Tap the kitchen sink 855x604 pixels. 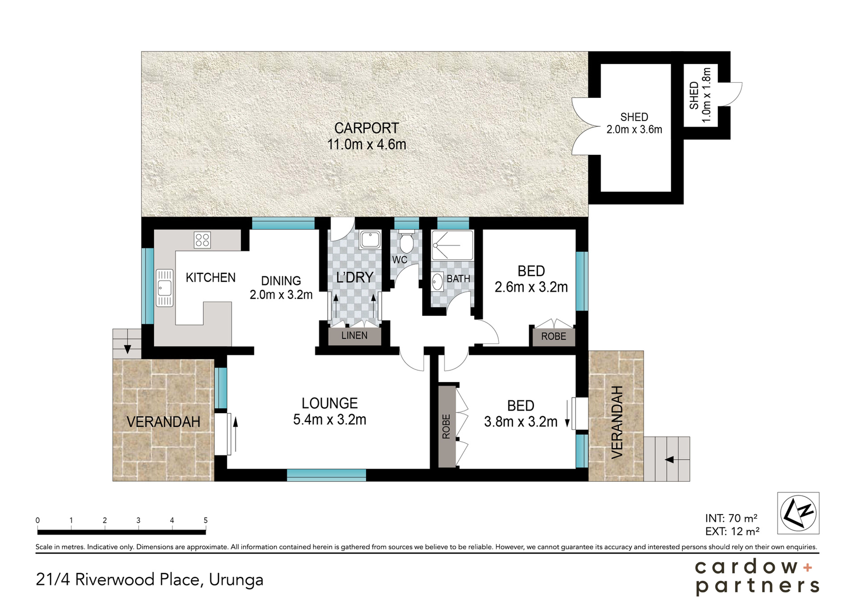pyautogui.click(x=164, y=288)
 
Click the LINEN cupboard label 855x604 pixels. pyautogui.click(x=354, y=335)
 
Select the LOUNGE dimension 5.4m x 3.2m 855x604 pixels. pyautogui.click(x=330, y=420)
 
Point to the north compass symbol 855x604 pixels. pyautogui.click(x=798, y=513)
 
